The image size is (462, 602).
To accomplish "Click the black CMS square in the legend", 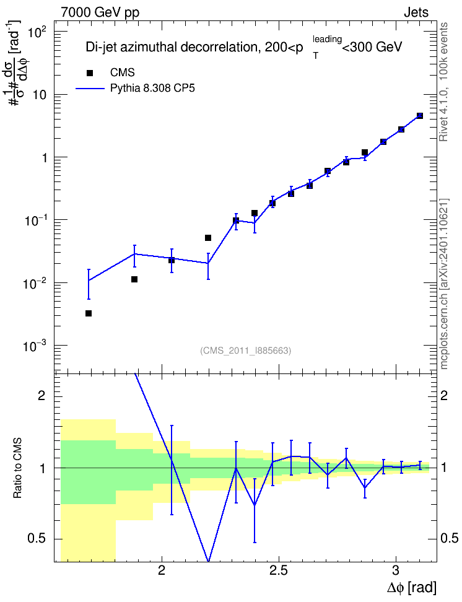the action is [90, 73].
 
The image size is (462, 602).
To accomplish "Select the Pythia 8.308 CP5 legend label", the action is [152, 89].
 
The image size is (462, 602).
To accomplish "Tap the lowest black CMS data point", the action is [89, 313].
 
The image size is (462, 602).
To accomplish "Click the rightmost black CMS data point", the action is [420, 116].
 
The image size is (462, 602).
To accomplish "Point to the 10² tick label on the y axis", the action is [37, 33].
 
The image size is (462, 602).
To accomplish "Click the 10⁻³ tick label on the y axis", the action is [35, 347].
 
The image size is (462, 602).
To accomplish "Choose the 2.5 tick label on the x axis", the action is [279, 570].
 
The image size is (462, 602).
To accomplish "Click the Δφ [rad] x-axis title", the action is [411, 588].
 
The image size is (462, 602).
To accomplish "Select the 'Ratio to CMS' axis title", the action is [18, 468].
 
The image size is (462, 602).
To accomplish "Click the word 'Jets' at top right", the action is [416, 12].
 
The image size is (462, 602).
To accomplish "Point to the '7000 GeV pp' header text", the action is [100, 12].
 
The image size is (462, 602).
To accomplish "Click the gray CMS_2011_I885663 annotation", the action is [245, 351].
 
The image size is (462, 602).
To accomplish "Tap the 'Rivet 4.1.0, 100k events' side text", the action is [443, 82].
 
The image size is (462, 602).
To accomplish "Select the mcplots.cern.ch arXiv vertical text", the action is [443, 284].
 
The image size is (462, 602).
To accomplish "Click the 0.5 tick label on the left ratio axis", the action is [37, 539].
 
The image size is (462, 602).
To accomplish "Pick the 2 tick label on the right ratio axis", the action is [444, 395].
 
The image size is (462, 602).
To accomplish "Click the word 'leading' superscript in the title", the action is [327, 39].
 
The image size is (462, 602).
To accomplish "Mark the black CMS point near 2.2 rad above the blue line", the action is [208, 238].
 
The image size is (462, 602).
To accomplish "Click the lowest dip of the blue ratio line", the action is [208, 561].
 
